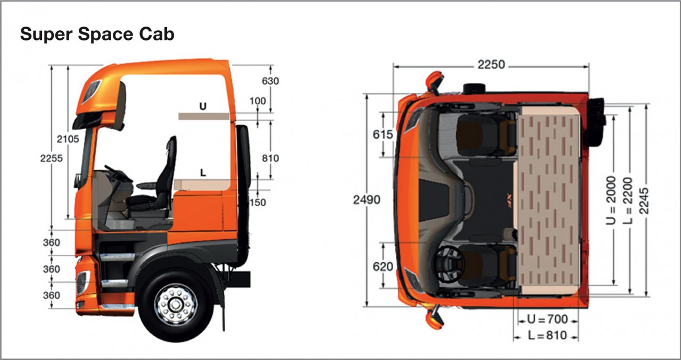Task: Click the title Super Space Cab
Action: pos(97,35)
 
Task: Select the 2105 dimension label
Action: pos(68,139)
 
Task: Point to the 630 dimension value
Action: pos(270,81)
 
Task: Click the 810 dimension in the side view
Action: pos(270,158)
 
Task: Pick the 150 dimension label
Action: pos(258,202)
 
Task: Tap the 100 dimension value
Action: pos(258,101)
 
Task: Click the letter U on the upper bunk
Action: pos(202,106)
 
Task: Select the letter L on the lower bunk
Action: pos(202,172)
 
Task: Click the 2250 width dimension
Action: pos(491,65)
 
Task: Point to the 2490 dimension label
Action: pos(366,200)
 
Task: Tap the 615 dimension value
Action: pos(383,135)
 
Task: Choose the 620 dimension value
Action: pos(384,266)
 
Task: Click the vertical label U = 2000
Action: pos(612,200)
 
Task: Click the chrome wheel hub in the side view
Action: pos(176,305)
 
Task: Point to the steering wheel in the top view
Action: pos(449,263)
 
